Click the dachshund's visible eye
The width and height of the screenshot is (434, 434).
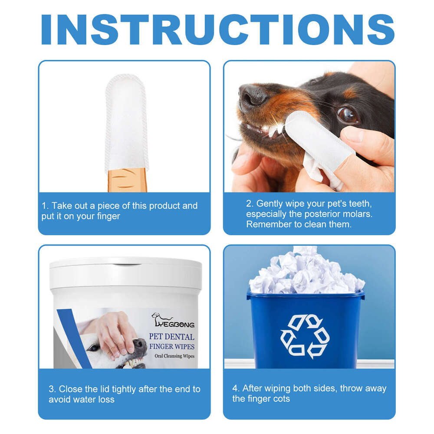click(347, 115)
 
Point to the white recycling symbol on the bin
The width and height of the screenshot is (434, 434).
click(305, 336)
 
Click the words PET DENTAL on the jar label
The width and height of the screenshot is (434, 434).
click(171, 337)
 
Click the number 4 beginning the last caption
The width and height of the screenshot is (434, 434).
click(235, 388)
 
